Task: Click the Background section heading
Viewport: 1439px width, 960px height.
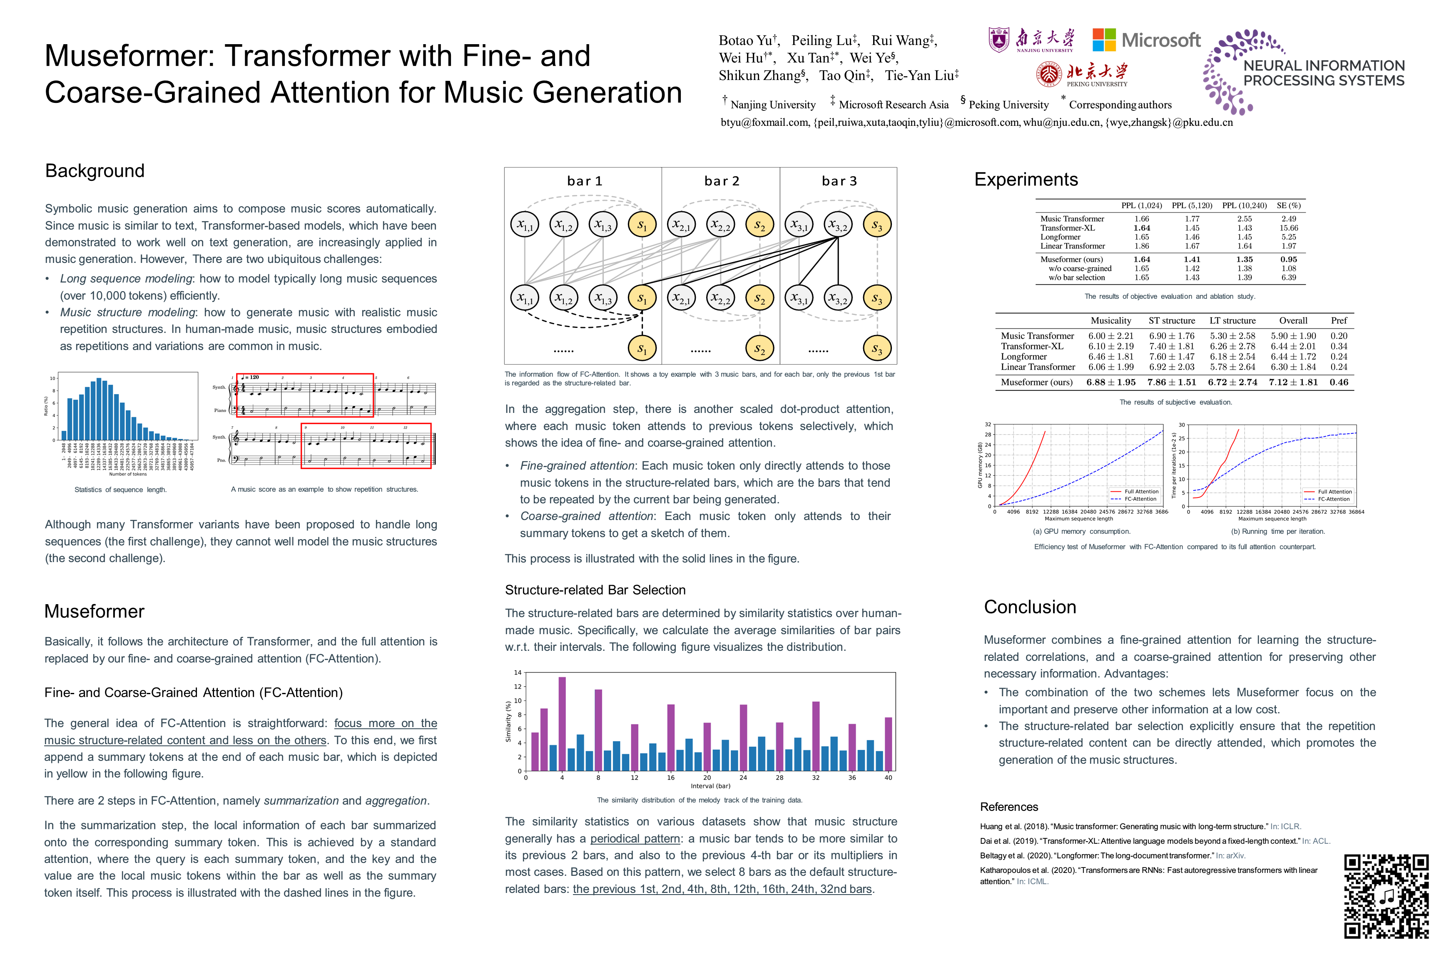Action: [95, 171]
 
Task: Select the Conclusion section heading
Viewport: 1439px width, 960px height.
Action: [1030, 607]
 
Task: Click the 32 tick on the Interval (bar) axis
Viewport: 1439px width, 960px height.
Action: [816, 777]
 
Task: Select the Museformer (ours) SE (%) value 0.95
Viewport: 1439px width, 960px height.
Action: [1289, 259]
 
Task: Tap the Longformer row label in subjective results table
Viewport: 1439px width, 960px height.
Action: [1023, 356]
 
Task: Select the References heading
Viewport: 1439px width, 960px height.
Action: [1009, 807]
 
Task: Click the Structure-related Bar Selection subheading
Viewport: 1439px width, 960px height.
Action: [595, 590]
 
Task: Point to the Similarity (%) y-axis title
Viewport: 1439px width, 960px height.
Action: [508, 721]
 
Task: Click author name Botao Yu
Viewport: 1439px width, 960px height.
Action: [746, 40]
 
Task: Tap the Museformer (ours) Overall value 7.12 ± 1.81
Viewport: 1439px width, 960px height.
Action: [1293, 382]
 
